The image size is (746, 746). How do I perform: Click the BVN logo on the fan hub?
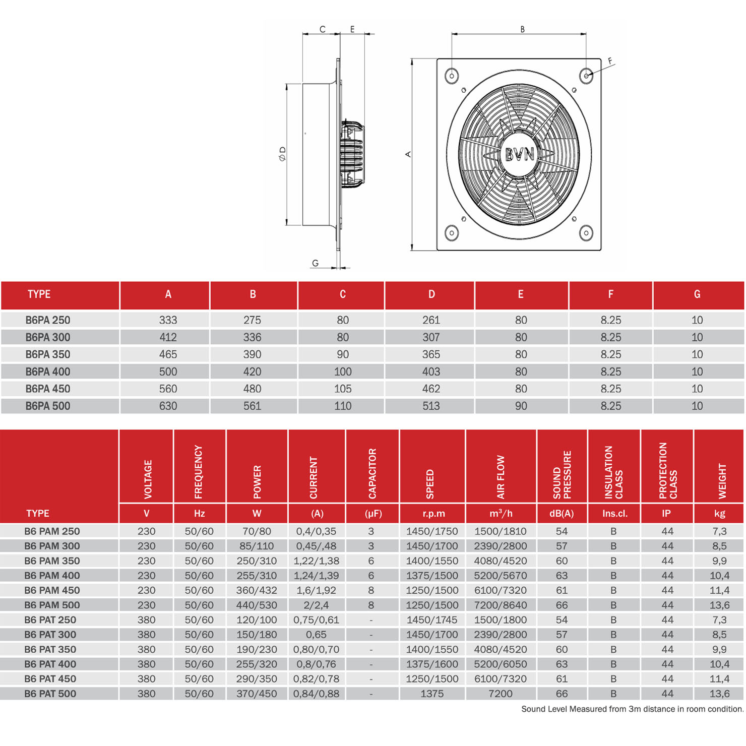519,154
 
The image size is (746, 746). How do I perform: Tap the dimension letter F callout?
610,61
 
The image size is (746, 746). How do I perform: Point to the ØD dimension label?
283,154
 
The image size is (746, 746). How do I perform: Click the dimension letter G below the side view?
315,263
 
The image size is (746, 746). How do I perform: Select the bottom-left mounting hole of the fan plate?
452,233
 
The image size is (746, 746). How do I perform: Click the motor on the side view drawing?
353,154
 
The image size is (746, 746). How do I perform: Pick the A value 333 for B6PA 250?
168,320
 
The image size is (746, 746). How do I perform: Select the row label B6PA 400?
48,372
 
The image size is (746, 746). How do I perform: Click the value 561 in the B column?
252,406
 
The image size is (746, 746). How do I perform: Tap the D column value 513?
431,406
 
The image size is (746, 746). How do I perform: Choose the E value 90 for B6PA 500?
521,406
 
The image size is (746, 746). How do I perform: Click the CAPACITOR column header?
372,473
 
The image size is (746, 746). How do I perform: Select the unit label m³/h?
501,514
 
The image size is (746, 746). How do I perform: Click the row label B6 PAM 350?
52,561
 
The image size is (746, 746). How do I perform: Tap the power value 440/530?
257,605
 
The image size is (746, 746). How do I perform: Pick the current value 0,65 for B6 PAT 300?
316,635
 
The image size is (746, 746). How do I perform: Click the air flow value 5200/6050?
500,664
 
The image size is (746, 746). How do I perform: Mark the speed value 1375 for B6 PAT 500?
432,694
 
